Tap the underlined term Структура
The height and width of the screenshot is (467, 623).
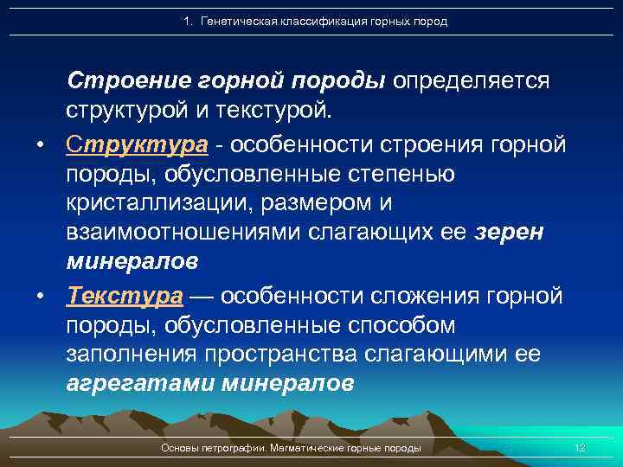point(137,144)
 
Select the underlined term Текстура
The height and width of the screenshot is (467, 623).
point(125,297)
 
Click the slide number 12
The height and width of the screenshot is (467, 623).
point(581,448)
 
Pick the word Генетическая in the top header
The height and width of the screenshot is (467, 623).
point(236,21)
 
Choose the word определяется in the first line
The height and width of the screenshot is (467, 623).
point(472,80)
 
